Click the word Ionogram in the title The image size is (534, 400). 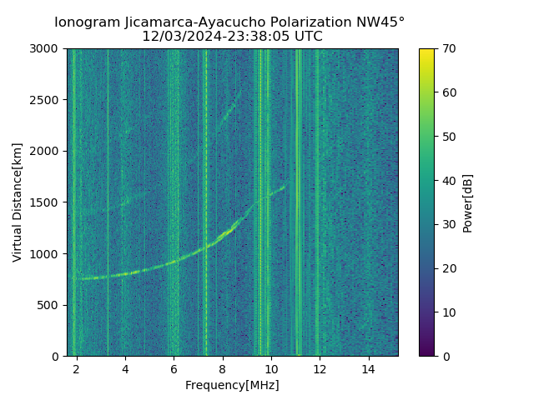[x=87, y=22]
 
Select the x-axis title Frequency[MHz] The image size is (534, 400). [x=232, y=385]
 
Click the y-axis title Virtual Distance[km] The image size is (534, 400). [x=18, y=202]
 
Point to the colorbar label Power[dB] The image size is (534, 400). [x=468, y=202]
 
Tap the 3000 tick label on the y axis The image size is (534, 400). [x=46, y=48]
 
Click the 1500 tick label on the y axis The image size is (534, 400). [x=46, y=202]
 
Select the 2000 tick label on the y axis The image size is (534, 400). [x=46, y=151]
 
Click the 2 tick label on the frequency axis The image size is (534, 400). [x=76, y=368]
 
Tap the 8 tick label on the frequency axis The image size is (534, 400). [x=222, y=368]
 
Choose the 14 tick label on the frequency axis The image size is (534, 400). [x=368, y=368]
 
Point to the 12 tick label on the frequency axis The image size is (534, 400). [x=320, y=368]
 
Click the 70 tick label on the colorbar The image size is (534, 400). [x=448, y=48]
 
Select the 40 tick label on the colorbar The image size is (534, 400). [x=448, y=180]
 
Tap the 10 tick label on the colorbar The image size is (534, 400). [x=448, y=312]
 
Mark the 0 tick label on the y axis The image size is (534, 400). [x=57, y=357]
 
